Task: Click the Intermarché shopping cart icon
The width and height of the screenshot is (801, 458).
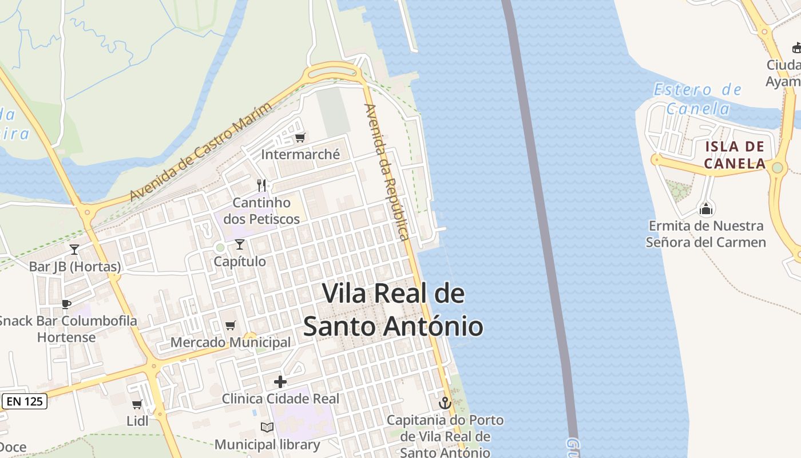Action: pos(300,137)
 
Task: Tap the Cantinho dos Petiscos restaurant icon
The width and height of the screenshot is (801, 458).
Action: pos(262,185)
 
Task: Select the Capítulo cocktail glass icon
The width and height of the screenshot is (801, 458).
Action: pos(240,244)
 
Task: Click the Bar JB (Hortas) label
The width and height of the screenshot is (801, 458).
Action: pos(75,267)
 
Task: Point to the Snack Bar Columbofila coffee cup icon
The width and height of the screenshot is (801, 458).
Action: pos(66,304)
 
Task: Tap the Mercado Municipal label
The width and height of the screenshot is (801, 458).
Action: pos(231,342)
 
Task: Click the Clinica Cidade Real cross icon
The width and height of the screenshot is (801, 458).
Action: pos(280,382)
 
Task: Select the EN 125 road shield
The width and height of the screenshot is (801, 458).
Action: pos(25,401)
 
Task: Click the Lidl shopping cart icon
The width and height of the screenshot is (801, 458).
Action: pos(137,405)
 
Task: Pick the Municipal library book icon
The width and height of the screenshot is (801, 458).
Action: pos(267,427)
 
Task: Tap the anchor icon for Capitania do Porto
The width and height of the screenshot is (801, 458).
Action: pos(445,403)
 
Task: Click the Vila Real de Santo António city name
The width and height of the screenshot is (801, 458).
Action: pos(393,310)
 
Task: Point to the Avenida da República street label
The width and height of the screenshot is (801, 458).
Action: pos(387,171)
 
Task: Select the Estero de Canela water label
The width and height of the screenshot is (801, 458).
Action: pos(698,98)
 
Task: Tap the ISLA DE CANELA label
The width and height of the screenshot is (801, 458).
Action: pos(735,155)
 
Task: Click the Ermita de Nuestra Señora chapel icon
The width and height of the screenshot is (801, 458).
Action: pos(706,209)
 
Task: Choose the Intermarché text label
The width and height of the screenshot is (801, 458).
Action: pos(300,155)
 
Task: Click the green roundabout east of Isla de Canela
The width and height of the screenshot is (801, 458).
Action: pos(777,168)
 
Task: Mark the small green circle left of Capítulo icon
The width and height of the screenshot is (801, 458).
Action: pos(220,248)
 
